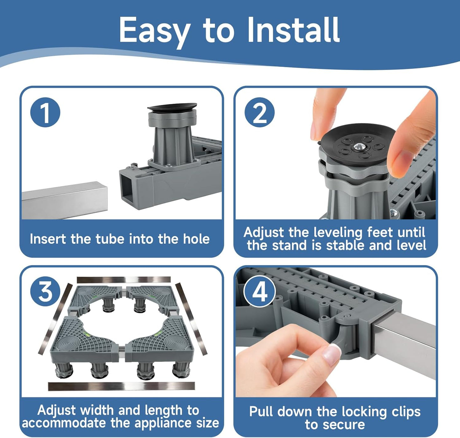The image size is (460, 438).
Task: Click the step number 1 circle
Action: click(45, 113)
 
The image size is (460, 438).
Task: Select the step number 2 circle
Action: click(259, 113)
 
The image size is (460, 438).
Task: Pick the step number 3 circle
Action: click(45, 291)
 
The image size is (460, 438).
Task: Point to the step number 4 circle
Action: click(259, 291)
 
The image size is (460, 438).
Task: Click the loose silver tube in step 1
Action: click(64, 201)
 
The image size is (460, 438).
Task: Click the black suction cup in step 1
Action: click(172, 107)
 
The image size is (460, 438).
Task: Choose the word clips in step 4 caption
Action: click(406, 412)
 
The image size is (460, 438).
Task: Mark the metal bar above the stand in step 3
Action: click(124, 280)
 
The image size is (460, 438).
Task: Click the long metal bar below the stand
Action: click(121, 386)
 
